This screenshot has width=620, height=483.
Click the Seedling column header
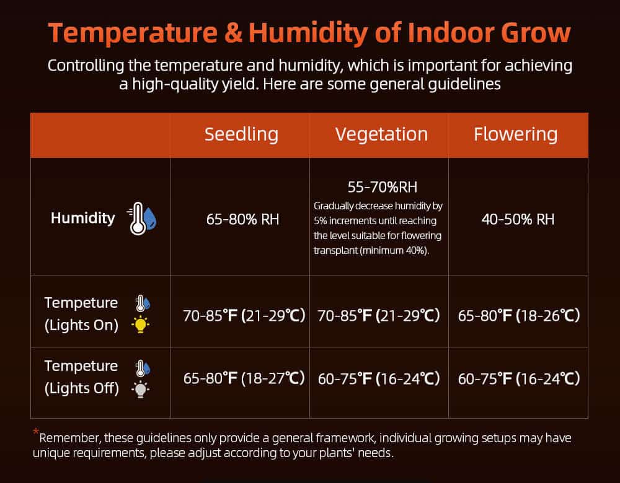pyautogui.click(x=241, y=134)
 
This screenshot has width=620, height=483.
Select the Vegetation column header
pyautogui.click(x=381, y=134)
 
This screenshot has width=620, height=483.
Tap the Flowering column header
pyautogui.click(x=516, y=134)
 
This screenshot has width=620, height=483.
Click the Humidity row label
pyautogui.click(x=82, y=218)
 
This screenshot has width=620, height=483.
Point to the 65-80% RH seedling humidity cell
pyautogui.click(x=242, y=219)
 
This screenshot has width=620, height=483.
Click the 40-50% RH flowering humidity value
pyautogui.click(x=518, y=219)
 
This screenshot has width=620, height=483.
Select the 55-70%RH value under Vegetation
pyautogui.click(x=383, y=187)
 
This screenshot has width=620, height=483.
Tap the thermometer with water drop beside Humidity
pyautogui.click(x=141, y=219)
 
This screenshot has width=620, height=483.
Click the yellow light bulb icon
pyautogui.click(x=140, y=324)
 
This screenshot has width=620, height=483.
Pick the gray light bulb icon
pyautogui.click(x=140, y=389)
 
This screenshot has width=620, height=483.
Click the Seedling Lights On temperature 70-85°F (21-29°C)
pyautogui.click(x=244, y=316)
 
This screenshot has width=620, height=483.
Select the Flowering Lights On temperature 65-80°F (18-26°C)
pyautogui.click(x=519, y=316)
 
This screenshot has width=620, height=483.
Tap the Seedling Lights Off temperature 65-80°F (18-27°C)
pyautogui.click(x=244, y=378)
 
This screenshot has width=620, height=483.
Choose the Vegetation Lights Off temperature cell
pyautogui.click(x=379, y=379)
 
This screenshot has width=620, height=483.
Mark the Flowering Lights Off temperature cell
pyautogui.click(x=519, y=379)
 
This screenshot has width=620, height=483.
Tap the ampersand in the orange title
pyautogui.click(x=233, y=32)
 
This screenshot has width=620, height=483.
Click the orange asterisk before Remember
pyautogui.click(x=36, y=431)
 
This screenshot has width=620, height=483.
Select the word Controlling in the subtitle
pyautogui.click(x=86, y=66)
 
